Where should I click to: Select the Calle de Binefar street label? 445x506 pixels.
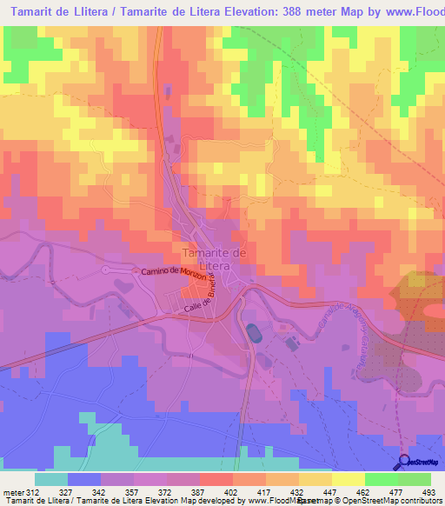[x=198, y=297]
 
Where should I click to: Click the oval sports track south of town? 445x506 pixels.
[x=253, y=333]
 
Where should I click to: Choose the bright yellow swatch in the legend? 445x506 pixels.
[x=348, y=478]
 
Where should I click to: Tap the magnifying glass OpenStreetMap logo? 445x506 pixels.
[x=403, y=463]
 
